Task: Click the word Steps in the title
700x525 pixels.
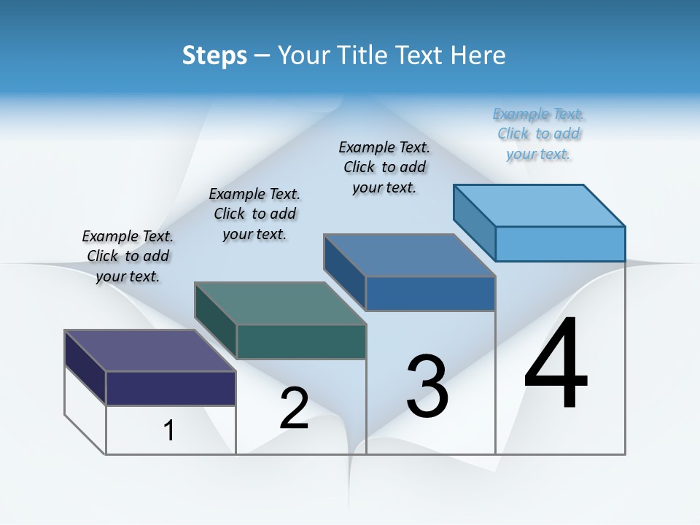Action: coord(214,55)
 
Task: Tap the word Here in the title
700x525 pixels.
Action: coord(478,55)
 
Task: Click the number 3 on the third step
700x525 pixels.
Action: coord(427,386)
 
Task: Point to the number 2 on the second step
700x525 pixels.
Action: coord(294,408)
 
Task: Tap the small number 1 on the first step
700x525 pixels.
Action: coord(169,431)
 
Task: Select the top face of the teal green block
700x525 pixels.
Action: coord(280,303)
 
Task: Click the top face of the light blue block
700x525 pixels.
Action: coord(540,205)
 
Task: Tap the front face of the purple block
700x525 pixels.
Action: coord(171,388)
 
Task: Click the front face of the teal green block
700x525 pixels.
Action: coord(301,341)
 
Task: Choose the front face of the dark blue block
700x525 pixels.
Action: coord(430,293)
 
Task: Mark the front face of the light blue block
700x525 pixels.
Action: coord(560,244)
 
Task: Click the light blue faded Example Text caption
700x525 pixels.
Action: coord(538,134)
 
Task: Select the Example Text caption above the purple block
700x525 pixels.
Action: coord(128,256)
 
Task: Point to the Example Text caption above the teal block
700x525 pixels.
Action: coord(254,214)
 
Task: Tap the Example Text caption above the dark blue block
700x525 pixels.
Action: coord(384,167)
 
